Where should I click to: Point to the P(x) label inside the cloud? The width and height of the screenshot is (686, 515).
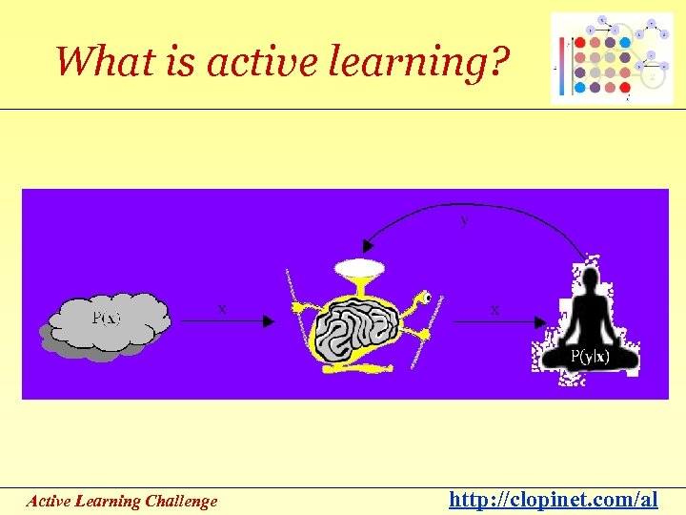point(107,318)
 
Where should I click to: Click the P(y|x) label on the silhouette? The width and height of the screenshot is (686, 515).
point(590,357)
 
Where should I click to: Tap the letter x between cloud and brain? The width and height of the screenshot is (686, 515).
point(222,309)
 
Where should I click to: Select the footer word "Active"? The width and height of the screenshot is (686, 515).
point(47,501)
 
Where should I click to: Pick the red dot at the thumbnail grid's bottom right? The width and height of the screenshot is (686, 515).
point(624,87)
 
